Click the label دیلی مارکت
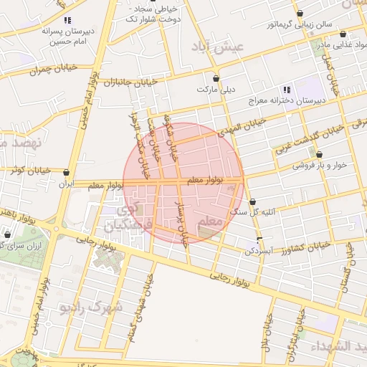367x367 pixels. pos(216,90)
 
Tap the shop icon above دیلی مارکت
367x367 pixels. pos(216,78)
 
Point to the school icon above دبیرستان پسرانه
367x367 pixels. pos(67,21)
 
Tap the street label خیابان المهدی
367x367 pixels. pos(243,125)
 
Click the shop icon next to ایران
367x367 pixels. pos(67,173)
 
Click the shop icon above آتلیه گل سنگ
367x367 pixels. pos(252,201)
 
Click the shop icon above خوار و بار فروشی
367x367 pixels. pos(319,154)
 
